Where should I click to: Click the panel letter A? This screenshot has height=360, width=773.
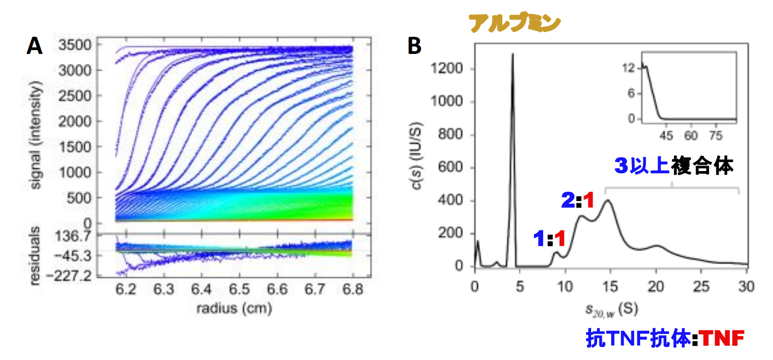(x=34, y=46)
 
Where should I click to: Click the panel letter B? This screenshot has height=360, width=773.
(x=415, y=46)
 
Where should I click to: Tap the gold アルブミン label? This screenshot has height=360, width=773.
(x=515, y=23)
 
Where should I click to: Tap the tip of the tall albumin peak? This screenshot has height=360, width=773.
(x=512, y=54)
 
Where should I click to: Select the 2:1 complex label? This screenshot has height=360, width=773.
(x=577, y=201)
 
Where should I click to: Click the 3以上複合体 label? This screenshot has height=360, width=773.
(x=673, y=166)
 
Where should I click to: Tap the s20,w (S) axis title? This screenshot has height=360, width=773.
(x=608, y=308)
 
